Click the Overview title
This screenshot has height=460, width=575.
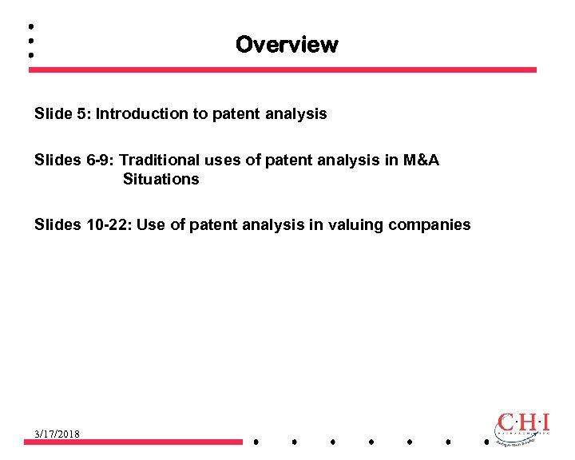click(287, 45)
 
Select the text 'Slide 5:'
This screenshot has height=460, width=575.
click(62, 113)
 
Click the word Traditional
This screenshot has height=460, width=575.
click(160, 160)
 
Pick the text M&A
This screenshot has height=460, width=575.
click(421, 160)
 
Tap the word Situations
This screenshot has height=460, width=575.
click(161, 179)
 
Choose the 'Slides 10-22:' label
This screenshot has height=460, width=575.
click(83, 224)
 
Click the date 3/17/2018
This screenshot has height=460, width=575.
click(57, 433)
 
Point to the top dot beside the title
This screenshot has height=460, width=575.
click(30, 25)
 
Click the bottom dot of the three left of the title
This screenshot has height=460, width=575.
click(30, 56)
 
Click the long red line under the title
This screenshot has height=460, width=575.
click(283, 69)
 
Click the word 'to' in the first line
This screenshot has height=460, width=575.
click(200, 113)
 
